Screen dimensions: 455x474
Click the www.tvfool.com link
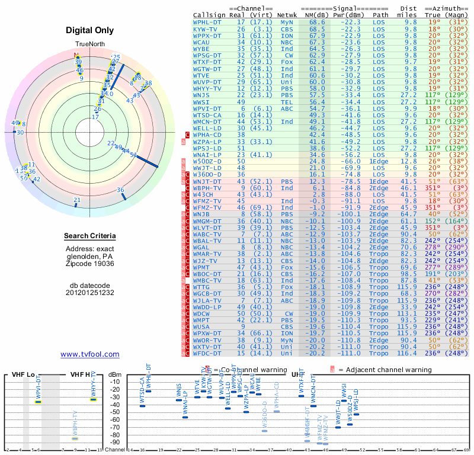[90, 354]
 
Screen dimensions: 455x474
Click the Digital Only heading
[90, 30]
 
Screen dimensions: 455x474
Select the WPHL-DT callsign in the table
[208, 21]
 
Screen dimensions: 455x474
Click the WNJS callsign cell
[202, 95]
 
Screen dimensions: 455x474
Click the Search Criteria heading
[90, 237]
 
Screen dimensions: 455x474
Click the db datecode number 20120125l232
[90, 293]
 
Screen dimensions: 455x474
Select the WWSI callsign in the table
[202, 102]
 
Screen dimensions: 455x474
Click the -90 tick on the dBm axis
[115, 442]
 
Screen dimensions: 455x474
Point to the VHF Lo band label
[23, 374]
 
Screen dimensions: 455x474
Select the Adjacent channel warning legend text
[385, 370]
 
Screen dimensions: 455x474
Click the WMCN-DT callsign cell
[208, 121]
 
